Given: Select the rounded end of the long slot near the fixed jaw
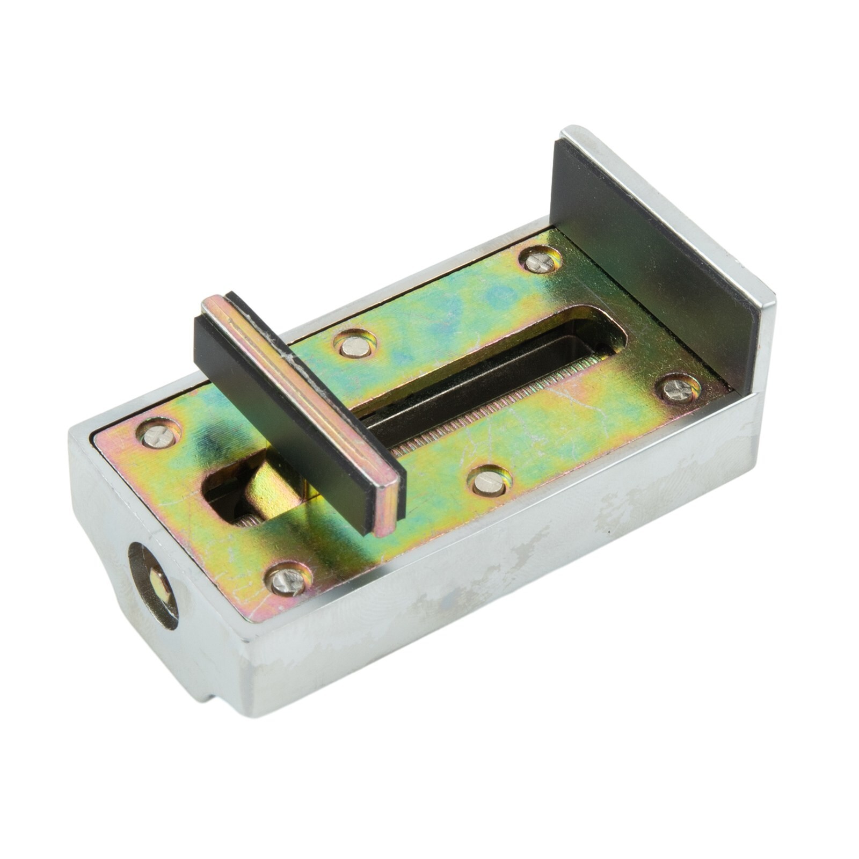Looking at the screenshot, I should click(x=601, y=333).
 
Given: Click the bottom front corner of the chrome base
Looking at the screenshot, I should click(x=252, y=714).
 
